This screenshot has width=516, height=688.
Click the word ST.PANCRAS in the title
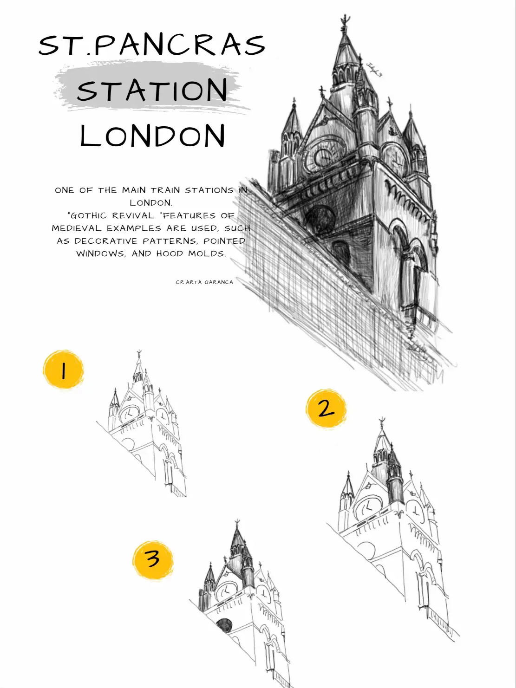click(152, 45)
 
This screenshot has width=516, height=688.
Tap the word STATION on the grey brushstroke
click(152, 90)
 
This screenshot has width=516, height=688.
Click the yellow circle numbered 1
click(63, 370)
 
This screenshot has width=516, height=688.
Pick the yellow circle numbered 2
click(326, 409)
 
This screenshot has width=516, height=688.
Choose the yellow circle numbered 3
click(153, 559)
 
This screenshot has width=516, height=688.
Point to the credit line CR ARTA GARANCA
click(204, 282)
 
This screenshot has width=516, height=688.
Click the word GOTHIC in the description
click(91, 215)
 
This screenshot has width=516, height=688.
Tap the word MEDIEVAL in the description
click(77, 228)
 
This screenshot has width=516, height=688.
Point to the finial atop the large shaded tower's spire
click(344, 21)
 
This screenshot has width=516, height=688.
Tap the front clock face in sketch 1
click(131, 412)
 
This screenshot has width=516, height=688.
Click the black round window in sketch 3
click(224, 625)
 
